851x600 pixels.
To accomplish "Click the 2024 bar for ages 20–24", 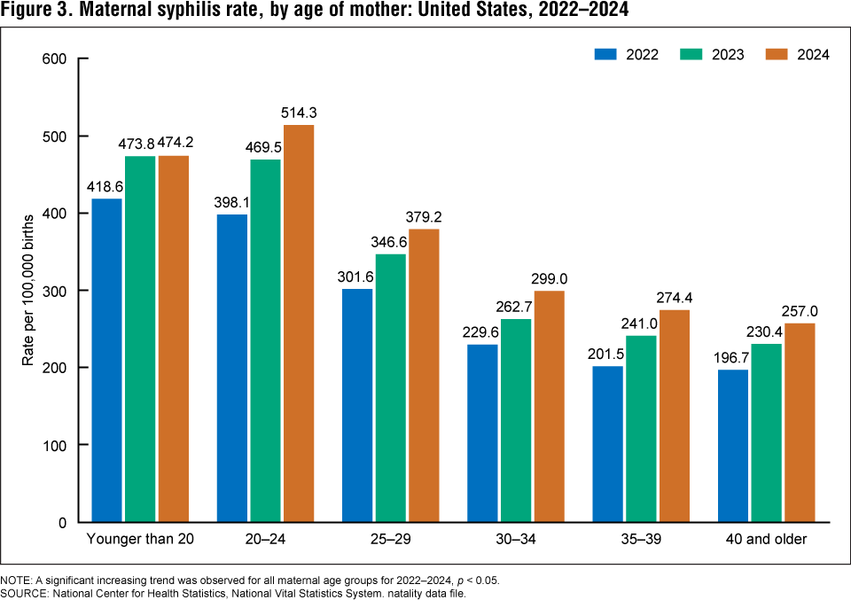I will pyautogui.click(x=297, y=323).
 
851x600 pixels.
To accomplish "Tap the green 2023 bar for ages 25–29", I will pyautogui.click(x=390, y=388).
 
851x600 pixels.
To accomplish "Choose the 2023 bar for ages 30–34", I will pyautogui.click(x=515, y=420).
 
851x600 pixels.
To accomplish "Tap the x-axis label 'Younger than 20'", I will pyautogui.click(x=139, y=540).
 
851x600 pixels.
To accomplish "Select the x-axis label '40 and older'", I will pyautogui.click(x=765, y=540).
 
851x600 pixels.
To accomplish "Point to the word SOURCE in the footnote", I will pyautogui.click(x=24, y=592).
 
